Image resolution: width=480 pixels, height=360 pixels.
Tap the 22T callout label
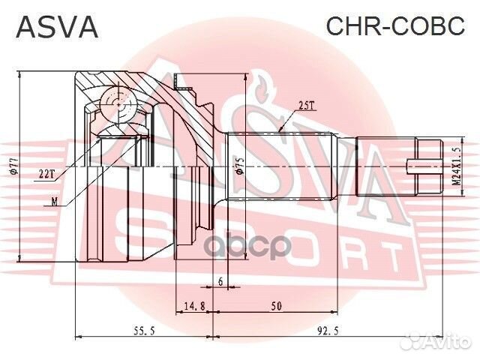(46, 173)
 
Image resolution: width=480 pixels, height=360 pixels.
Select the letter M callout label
(54, 201)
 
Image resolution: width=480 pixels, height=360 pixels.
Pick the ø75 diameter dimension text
(239, 166)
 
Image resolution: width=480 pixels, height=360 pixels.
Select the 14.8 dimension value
(194, 304)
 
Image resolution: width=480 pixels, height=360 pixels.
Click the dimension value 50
(277, 304)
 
